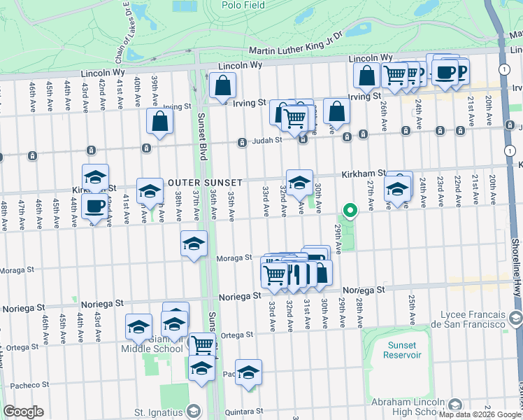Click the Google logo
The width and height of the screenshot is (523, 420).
click(x=23, y=412)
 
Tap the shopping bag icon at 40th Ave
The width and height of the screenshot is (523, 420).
click(x=160, y=121)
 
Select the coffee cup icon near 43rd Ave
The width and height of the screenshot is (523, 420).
click(x=96, y=206)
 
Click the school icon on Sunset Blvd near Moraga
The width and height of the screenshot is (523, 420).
click(x=194, y=244)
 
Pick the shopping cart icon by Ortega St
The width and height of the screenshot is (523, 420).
click(x=203, y=344)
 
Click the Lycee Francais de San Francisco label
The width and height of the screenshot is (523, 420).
click(x=468, y=319)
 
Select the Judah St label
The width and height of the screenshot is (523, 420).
click(x=266, y=140)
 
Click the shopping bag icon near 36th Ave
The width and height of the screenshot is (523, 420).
click(x=223, y=87)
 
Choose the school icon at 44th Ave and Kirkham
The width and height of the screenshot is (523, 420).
click(x=96, y=177)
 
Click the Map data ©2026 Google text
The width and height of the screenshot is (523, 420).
click(x=479, y=414)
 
